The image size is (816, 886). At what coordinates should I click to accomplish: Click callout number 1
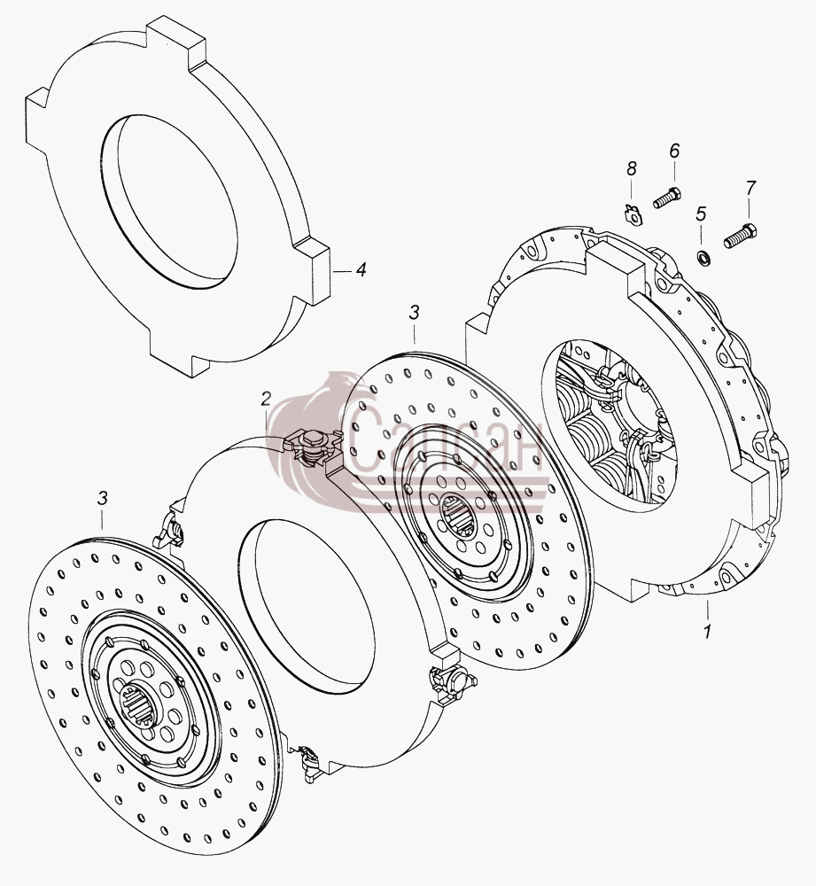[707, 630]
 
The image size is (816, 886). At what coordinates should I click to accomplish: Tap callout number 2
[266, 400]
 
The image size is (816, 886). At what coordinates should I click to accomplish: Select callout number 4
[361, 269]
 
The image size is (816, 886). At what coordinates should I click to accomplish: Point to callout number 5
[701, 214]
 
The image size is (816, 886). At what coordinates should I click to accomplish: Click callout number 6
[674, 151]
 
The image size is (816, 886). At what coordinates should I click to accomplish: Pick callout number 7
[750, 188]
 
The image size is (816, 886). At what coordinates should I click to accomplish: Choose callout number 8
[632, 168]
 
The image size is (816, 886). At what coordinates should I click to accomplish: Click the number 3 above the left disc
[102, 498]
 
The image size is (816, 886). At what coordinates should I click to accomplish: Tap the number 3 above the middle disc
[415, 313]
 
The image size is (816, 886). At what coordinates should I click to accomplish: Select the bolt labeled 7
[741, 236]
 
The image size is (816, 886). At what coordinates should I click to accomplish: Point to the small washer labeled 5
[702, 258]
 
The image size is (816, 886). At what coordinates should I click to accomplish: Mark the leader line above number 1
[706, 610]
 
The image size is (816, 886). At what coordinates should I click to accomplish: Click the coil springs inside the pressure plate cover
[587, 435]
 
